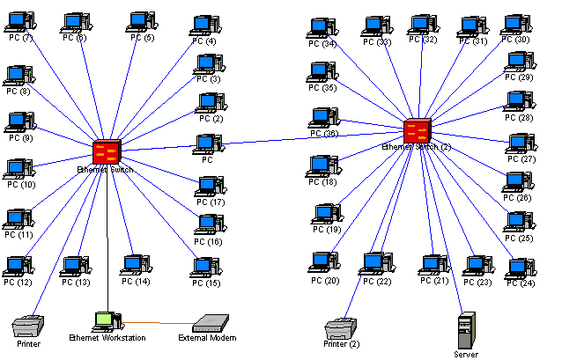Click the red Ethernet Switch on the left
click(x=107, y=151)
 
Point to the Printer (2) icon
click(x=339, y=328)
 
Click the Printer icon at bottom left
click(x=27, y=327)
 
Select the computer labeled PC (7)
click(x=21, y=22)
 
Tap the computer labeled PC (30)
click(x=515, y=24)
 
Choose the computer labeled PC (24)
click(x=520, y=268)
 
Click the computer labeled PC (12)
click(x=16, y=266)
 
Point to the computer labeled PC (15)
click(x=206, y=266)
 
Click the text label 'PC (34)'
click(x=322, y=44)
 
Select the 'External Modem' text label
click(x=207, y=338)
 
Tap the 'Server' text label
click(x=466, y=354)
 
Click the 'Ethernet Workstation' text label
click(x=107, y=338)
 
